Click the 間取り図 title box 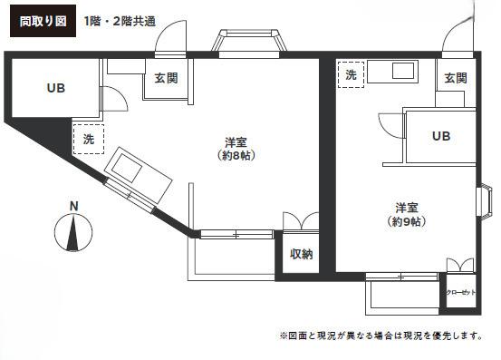tap(43, 21)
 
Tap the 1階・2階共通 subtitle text tap(120, 22)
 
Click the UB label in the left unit tap(56, 88)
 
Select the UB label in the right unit tap(441, 136)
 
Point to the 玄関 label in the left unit tap(166, 78)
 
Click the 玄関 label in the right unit tap(456, 78)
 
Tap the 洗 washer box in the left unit tap(89, 139)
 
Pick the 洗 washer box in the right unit tap(351, 75)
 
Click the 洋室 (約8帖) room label tap(236, 149)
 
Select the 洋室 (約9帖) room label tap(407, 215)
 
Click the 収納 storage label tap(301, 254)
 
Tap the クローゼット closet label tap(461, 292)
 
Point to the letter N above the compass tap(73, 207)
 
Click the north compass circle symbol tap(73, 232)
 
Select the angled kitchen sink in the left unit tap(138, 175)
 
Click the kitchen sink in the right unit tap(392, 72)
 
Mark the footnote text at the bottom tap(381, 336)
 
